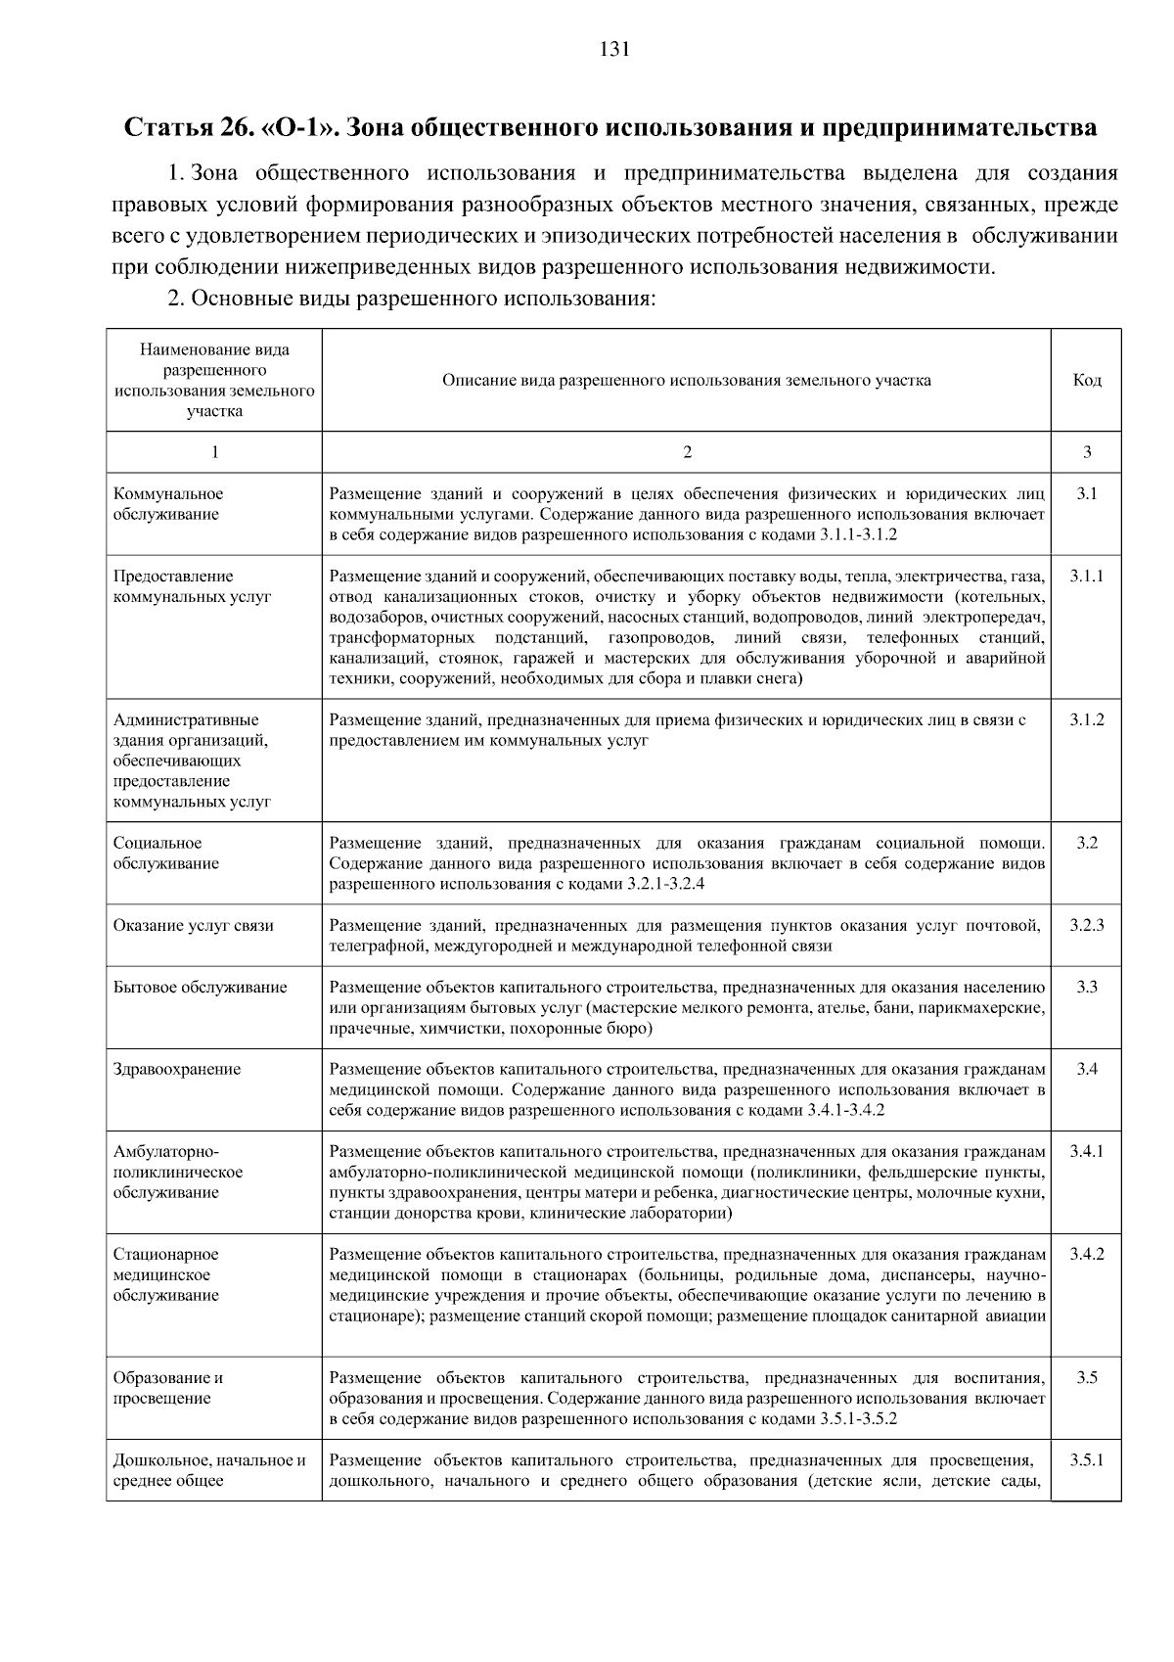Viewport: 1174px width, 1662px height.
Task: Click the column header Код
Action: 1086,380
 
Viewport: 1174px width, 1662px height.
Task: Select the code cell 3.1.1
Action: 1086,577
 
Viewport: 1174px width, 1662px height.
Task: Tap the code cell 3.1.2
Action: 1086,720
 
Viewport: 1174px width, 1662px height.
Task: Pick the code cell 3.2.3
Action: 1086,925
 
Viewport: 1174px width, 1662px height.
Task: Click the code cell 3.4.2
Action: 1086,1254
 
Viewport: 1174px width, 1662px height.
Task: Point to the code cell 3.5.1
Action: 1086,1459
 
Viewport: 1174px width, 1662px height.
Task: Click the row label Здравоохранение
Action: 177,1069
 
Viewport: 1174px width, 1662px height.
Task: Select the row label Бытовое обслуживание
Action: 201,987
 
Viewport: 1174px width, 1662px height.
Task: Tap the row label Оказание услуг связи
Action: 194,925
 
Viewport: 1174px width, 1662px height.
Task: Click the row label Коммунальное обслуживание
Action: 167,504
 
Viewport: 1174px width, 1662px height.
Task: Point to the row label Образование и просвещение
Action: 167,1388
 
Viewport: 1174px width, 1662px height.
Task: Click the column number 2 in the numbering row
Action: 687,452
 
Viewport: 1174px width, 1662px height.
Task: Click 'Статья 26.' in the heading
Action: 183,128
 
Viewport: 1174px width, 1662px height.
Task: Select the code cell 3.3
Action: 1086,987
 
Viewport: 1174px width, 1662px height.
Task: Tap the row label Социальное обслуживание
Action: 166,854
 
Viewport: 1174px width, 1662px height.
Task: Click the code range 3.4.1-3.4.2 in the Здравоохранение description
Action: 846,1111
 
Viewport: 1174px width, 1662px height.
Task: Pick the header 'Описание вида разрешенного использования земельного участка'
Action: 687,380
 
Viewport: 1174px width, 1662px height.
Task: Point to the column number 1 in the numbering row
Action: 214,452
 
